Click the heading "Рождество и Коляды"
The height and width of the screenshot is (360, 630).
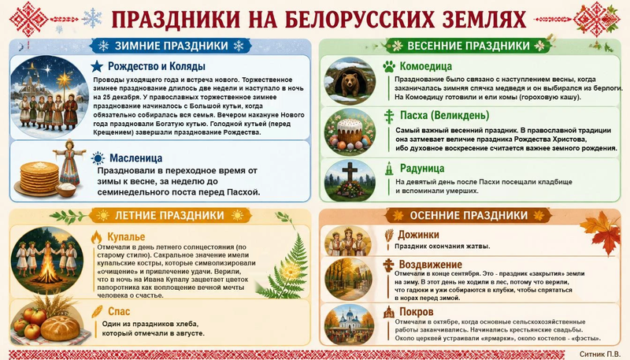[156, 66]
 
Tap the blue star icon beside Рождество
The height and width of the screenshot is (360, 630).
[97, 66]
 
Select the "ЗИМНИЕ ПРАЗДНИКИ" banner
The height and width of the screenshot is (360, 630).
[171, 46]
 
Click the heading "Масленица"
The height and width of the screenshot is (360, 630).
[135, 158]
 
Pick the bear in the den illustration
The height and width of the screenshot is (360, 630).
[350, 84]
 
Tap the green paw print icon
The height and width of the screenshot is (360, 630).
[389, 66]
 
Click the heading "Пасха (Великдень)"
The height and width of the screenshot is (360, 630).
[444, 116]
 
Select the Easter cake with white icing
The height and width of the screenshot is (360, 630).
[350, 130]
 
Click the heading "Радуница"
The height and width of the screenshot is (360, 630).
[422, 168]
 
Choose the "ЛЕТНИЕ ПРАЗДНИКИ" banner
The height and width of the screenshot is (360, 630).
[169, 215]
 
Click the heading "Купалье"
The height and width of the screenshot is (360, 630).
[126, 237]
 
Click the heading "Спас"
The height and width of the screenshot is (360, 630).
[119, 311]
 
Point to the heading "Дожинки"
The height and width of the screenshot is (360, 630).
[418, 235]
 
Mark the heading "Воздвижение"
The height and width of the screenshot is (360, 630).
[430, 265]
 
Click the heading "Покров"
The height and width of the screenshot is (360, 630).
[417, 312]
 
